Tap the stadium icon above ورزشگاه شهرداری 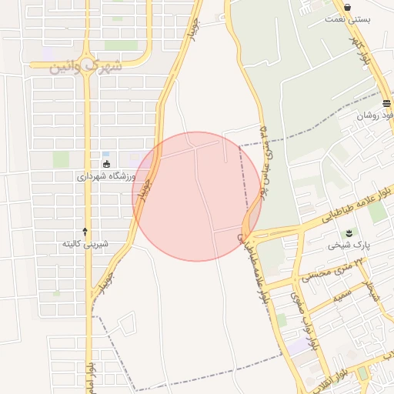coord(106,163)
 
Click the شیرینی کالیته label coord(85,244)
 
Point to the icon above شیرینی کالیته coord(85,231)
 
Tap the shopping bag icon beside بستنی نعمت coord(348,7)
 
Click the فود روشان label coord(375,116)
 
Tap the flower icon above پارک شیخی coord(348,232)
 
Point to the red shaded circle coord(197,196)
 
